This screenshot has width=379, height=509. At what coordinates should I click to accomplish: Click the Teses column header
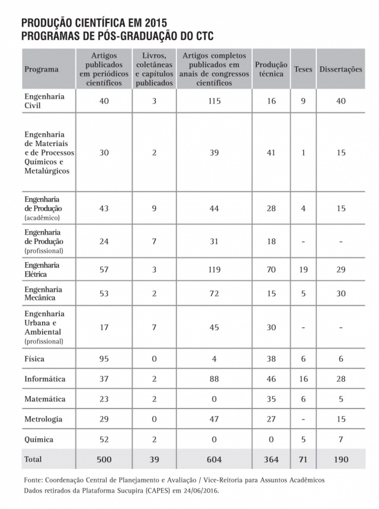pos(303,69)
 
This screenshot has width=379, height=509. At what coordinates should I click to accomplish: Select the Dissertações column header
pos(341,69)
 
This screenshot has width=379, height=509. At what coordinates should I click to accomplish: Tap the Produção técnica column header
pos(271,69)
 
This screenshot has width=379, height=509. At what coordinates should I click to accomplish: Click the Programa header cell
pos(41,69)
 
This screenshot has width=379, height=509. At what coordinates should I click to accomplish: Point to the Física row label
pos(34,359)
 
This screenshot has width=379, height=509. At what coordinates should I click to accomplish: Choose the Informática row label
pos(45,379)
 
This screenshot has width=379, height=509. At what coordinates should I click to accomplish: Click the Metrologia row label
pos(43,419)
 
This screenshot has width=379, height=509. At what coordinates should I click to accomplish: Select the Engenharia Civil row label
pos(44,101)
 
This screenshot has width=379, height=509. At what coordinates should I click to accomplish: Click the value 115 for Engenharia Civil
pos(214,101)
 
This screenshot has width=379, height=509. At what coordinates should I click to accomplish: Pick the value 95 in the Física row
pos(104,359)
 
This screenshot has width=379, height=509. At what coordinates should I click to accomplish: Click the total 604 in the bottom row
pos(214,459)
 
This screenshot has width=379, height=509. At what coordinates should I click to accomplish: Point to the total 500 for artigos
pos(104,459)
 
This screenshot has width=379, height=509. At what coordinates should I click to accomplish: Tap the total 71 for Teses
pos(303,459)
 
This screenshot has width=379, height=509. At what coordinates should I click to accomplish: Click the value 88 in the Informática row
pos(214,379)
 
